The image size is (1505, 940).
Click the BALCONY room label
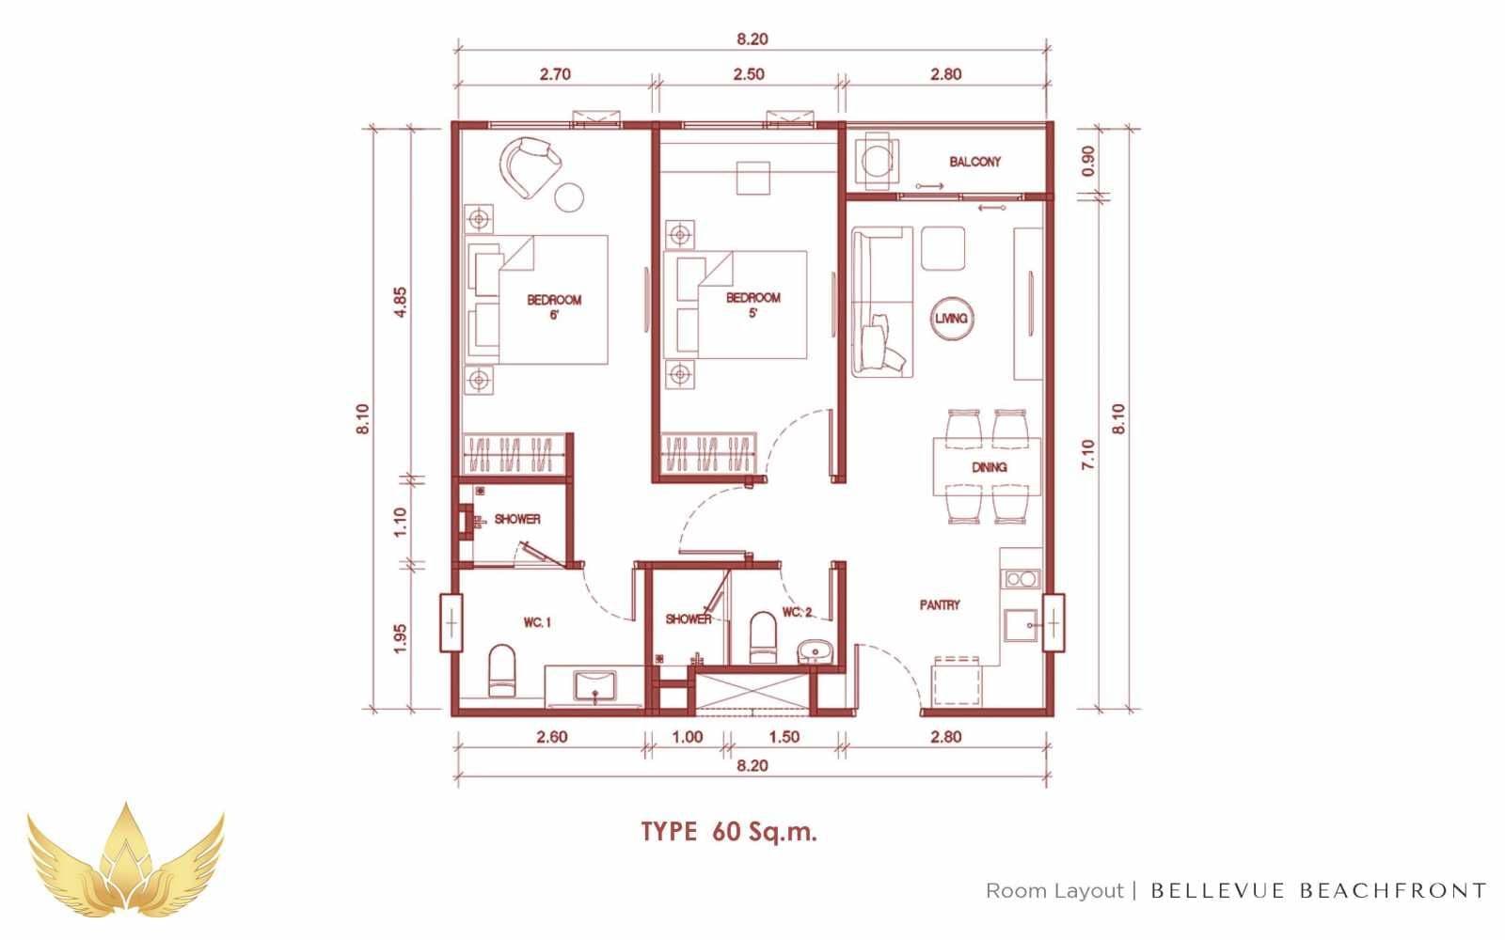point(974,162)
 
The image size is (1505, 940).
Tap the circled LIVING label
point(951,319)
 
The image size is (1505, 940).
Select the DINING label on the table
point(989,467)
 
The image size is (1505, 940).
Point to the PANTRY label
point(940,605)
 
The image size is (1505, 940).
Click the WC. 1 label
point(537,623)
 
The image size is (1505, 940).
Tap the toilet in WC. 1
point(502,671)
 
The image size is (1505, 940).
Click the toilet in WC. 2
point(763,637)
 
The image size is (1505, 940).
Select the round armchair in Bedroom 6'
point(530,166)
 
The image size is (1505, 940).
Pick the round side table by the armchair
point(569,197)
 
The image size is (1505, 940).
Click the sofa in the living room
point(882,302)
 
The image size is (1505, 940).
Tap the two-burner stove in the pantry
point(1021,579)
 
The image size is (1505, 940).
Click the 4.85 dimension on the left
point(400,303)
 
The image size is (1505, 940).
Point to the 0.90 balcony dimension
point(1087,161)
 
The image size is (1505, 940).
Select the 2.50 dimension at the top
point(749,74)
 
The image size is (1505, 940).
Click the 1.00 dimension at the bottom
point(688,737)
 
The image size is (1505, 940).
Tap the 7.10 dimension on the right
point(1087,455)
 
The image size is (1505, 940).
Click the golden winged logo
point(126,861)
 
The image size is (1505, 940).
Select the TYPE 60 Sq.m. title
point(729,832)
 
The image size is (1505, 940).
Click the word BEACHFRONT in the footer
point(1393,891)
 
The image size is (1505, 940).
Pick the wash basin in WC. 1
point(594,686)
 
